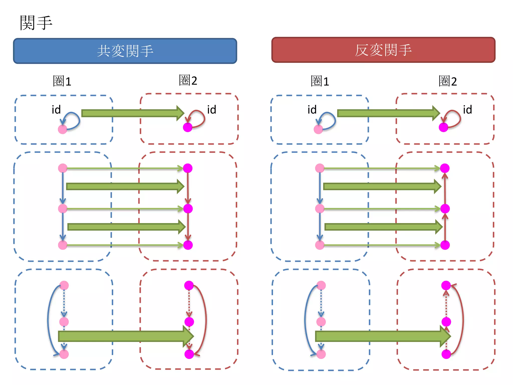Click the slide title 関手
[36, 23]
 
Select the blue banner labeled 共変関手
[125, 51]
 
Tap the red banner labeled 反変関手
[383, 50]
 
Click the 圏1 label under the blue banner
[62, 81]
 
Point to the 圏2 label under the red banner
[448, 81]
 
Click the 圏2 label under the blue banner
[188, 80]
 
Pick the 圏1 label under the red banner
[320, 81]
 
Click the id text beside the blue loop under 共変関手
[56, 110]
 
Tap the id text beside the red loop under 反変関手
[467, 110]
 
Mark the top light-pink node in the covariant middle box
[63, 168]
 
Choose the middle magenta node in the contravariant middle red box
[445, 209]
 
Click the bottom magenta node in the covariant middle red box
[188, 245]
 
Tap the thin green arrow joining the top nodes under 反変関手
[381, 168]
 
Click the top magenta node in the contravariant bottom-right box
[446, 285]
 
